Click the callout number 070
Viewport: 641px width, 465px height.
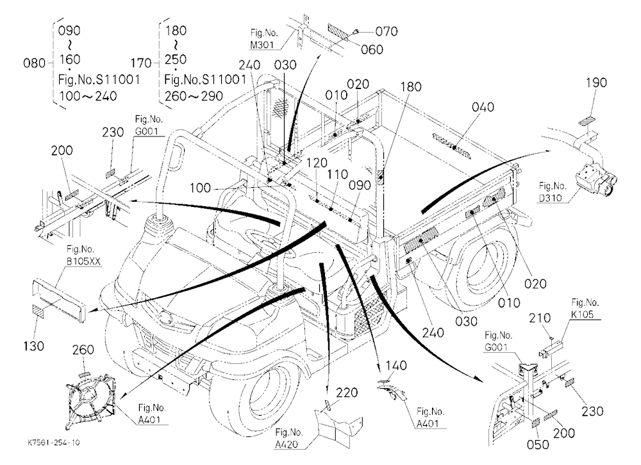[387, 31]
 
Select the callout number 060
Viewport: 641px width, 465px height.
[372, 49]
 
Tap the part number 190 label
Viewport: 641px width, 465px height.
[596, 83]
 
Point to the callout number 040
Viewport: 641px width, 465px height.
[483, 107]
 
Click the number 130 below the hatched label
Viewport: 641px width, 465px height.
[33, 346]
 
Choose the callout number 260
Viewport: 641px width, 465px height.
[83, 350]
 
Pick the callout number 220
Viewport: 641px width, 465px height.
[347, 393]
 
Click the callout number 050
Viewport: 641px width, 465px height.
[538, 445]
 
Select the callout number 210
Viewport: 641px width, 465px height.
[540, 318]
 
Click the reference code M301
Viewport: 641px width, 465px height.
[262, 45]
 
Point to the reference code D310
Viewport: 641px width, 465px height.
[551, 198]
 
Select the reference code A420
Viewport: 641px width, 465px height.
[286, 444]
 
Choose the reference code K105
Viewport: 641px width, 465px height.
[583, 314]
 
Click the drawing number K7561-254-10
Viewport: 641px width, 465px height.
[54, 443]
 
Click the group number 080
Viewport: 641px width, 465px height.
[35, 63]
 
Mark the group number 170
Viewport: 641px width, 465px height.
[141, 63]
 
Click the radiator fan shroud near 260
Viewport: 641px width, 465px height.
[91, 399]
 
